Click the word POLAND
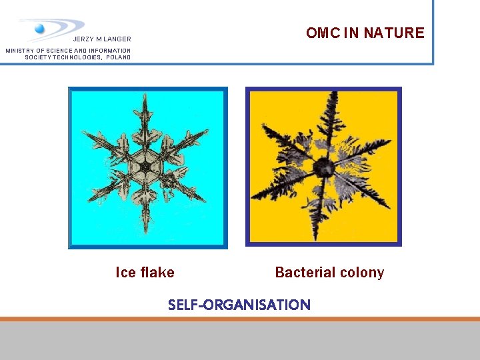tap(118, 57)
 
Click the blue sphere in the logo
tap(39, 29)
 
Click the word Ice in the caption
tap(125, 272)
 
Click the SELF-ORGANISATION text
tap(239, 305)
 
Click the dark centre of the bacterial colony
tap(324, 165)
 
